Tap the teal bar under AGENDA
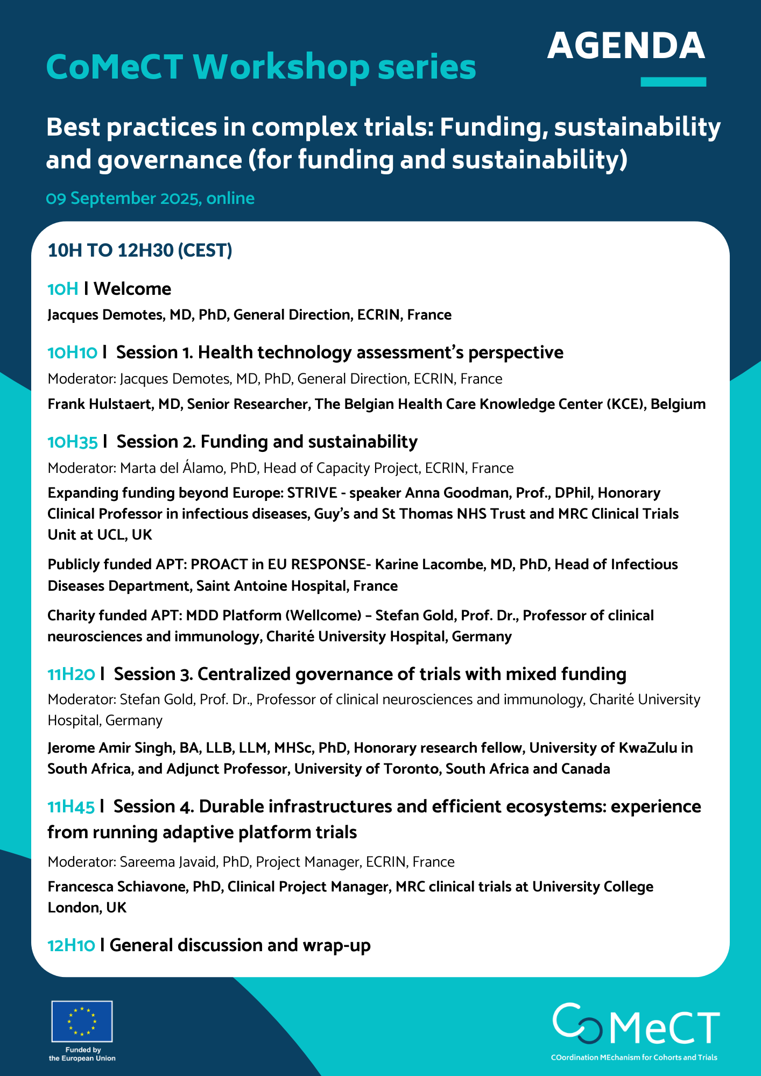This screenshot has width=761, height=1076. pyautogui.click(x=673, y=82)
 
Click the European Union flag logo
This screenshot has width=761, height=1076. pyautogui.click(x=82, y=1021)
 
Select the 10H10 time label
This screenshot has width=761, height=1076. pyautogui.click(x=73, y=353)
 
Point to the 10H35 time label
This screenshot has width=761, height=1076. pyautogui.click(x=73, y=442)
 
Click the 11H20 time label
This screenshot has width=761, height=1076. pyautogui.click(x=72, y=674)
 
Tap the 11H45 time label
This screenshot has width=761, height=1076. pyautogui.click(x=71, y=807)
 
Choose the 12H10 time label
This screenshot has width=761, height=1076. pyautogui.click(x=72, y=946)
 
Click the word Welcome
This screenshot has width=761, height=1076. pyautogui.click(x=132, y=289)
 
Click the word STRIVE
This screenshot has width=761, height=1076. pyautogui.click(x=312, y=493)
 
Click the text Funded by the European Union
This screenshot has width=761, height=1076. pyautogui.click(x=82, y=1054)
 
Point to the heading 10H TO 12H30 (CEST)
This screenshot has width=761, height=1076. pyautogui.click(x=140, y=251)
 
